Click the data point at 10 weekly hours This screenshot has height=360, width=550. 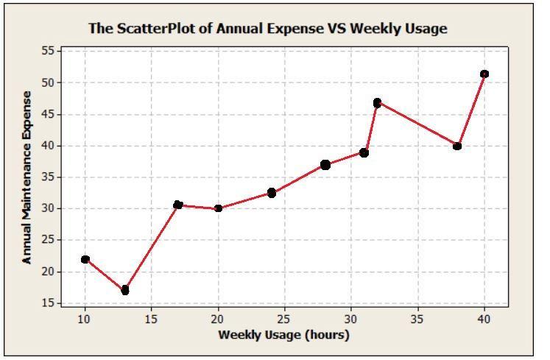[85, 259]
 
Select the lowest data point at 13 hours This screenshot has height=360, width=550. [125, 290]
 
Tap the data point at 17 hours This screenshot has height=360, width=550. [178, 205]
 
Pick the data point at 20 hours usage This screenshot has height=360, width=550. [219, 208]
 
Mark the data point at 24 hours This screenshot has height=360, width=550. [272, 193]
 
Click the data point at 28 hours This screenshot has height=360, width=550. [325, 165]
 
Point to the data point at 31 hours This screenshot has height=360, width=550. [364, 152]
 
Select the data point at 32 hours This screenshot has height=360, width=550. [378, 102]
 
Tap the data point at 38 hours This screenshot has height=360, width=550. [457, 146]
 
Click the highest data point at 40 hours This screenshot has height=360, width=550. [484, 74]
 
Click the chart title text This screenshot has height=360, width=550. [268, 29]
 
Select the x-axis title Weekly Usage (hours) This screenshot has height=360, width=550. [283, 335]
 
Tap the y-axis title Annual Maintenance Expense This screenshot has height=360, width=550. [27, 177]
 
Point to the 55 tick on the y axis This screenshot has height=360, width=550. [48, 51]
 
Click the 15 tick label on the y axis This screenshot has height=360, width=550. [48, 303]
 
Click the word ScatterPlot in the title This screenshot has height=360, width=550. [151, 29]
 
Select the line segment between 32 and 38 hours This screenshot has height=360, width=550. [417, 124]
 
